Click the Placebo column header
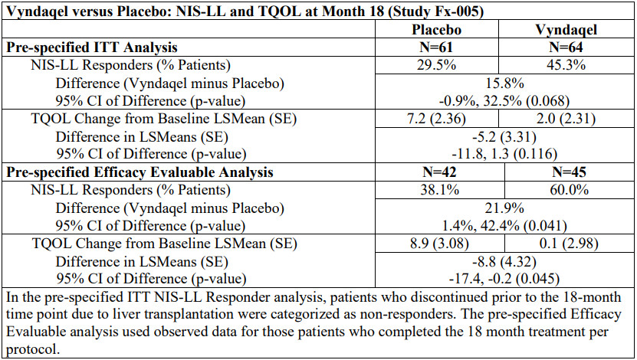coord(436,30)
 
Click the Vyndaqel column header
coord(566,30)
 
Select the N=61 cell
coord(436,47)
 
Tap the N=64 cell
coord(566,47)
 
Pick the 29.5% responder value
coord(436,65)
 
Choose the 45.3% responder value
coord(566,65)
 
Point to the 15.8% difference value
coord(504,83)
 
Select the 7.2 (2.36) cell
coord(436,119)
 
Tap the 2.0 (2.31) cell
coord(566,119)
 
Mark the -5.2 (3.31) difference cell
coord(504,137)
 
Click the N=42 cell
coord(439,172)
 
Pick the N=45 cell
coord(569,172)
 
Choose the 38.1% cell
coord(439,189)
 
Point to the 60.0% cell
coord(569,189)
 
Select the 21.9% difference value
coord(504,208)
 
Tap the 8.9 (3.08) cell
coord(439,244)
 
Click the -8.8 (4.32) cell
coord(504,261)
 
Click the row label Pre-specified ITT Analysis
coord(92,47)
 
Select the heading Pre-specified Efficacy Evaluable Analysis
coord(140,172)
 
